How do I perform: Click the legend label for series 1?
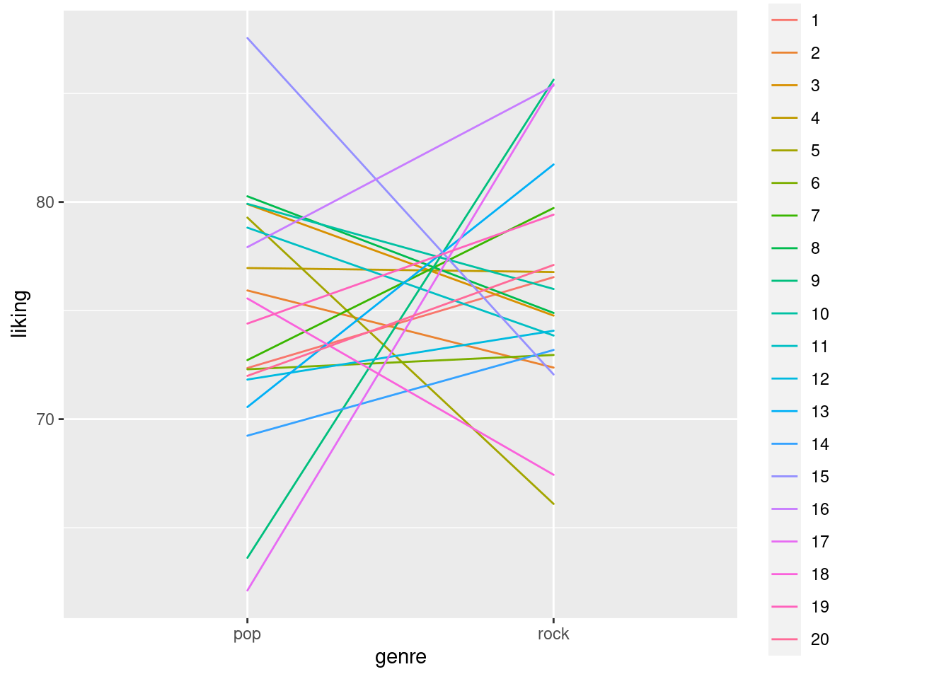815,21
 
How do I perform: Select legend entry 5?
815,151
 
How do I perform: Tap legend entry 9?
815,281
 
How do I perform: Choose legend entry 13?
819,412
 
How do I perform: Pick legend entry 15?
819,477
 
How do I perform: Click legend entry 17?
819,542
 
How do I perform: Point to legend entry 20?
819,639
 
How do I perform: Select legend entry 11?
819,347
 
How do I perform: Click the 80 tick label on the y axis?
45,202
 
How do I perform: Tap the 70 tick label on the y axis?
45,419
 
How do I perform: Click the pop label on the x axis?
247,634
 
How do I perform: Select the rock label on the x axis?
553,634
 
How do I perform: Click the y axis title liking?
21,314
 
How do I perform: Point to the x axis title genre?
400,657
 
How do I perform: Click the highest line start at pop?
247,37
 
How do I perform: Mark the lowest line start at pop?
247,591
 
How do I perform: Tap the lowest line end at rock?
553,504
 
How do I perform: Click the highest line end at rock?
553,79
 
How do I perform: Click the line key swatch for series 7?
784,216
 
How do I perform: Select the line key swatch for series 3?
784,86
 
